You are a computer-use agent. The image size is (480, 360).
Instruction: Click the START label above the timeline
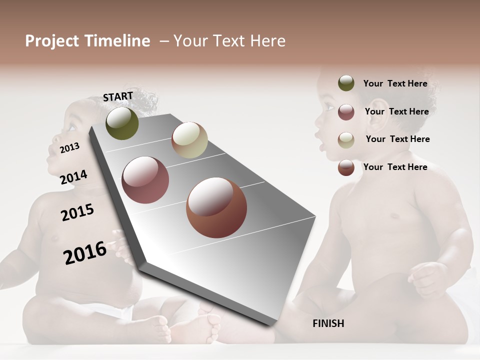(x=118, y=96)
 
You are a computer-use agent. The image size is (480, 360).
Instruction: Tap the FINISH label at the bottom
(x=328, y=323)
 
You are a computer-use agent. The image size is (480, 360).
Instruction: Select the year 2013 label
(x=70, y=147)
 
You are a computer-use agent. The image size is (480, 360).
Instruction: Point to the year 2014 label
(x=74, y=177)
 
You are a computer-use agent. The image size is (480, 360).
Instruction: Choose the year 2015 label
(x=77, y=212)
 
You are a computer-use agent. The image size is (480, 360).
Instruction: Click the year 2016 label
(x=85, y=252)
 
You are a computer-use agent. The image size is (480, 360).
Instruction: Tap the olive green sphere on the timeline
(x=122, y=123)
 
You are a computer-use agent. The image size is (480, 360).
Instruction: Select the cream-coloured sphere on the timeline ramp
(x=189, y=140)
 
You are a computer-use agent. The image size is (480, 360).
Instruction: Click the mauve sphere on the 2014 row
(x=145, y=180)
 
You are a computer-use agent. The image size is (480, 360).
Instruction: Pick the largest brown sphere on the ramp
(x=216, y=207)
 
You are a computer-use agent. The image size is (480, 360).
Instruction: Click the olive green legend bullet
(x=346, y=83)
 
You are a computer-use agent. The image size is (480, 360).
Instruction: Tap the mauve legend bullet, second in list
(x=346, y=112)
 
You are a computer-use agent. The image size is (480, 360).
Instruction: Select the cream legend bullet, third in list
(x=346, y=140)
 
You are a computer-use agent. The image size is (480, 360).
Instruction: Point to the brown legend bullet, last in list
(x=346, y=167)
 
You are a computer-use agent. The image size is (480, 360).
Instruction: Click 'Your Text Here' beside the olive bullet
(x=395, y=84)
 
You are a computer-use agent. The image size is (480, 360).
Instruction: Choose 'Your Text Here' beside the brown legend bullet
(x=395, y=167)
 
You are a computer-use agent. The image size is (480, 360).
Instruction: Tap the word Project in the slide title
(x=52, y=41)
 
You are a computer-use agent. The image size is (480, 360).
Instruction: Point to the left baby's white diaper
(x=122, y=312)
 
